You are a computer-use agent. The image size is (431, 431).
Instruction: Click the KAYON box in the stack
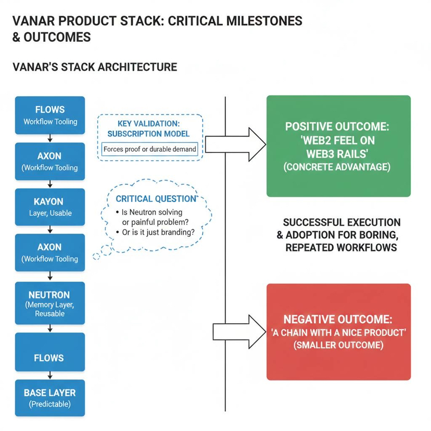point(50,207)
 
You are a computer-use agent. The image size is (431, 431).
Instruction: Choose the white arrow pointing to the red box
point(239,332)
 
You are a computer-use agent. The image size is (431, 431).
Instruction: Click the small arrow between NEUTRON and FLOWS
point(50,328)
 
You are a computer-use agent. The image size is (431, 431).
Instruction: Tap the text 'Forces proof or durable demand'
point(150,149)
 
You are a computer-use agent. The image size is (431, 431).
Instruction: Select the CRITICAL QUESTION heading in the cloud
point(156,199)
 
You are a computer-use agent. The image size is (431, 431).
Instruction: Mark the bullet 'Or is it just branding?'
point(158,233)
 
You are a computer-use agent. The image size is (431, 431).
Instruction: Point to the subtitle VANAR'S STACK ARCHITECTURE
point(94,67)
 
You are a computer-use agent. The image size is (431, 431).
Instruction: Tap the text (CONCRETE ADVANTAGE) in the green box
point(338,168)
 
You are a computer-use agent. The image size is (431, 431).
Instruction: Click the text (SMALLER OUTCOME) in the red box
point(338,345)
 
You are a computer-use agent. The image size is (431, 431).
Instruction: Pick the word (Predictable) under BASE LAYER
point(50,404)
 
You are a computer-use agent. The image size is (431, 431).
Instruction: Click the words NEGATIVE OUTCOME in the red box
point(338,319)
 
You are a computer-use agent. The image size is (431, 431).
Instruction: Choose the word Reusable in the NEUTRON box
point(50,314)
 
